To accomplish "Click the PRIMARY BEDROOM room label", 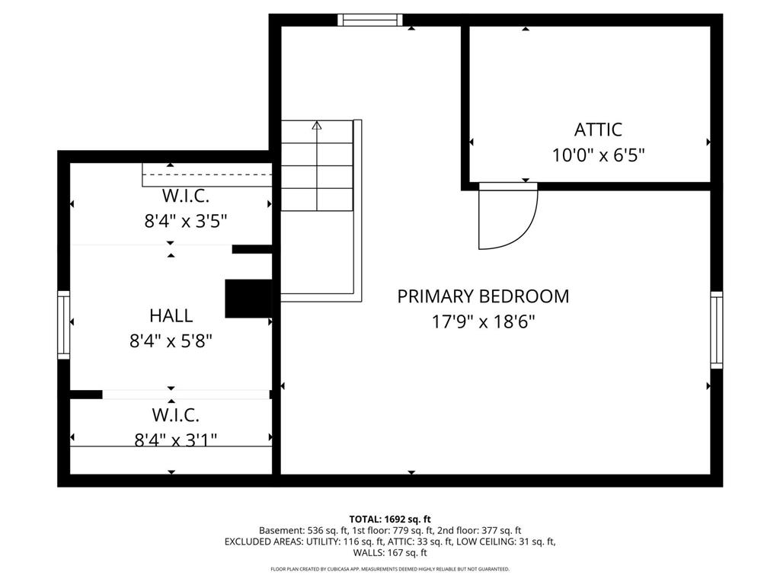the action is click(x=483, y=296).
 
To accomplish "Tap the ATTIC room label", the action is click(x=598, y=129).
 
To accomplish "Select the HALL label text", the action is click(x=171, y=315).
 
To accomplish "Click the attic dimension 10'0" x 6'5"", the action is click(x=599, y=155).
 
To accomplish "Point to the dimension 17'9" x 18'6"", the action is click(x=483, y=322).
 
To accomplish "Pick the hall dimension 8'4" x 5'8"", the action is click(x=171, y=341).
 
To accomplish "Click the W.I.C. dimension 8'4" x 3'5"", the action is click(x=186, y=221).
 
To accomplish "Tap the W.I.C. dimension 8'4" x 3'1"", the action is click(x=176, y=440).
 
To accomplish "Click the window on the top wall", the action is click(x=370, y=20).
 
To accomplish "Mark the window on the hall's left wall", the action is click(x=64, y=324).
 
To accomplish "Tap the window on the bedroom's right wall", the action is click(x=716, y=330).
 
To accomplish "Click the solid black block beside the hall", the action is click(x=248, y=299).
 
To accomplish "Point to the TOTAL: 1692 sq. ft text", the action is click(x=390, y=519).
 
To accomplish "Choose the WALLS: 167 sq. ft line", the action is click(x=390, y=553).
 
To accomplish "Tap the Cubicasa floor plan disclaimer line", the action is click(x=390, y=569).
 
